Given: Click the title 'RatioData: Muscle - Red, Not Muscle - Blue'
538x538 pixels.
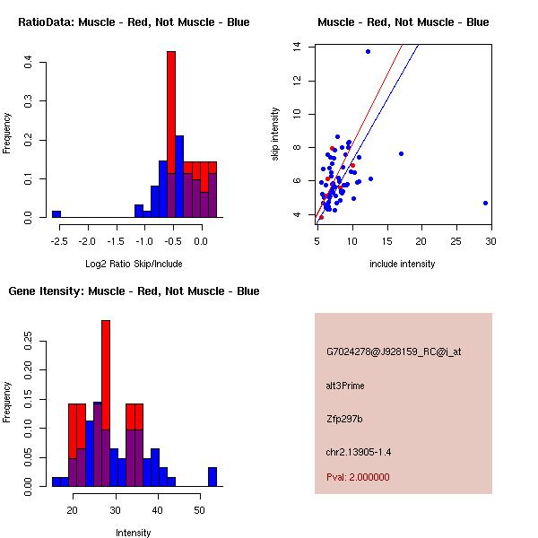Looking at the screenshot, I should pos(134,22).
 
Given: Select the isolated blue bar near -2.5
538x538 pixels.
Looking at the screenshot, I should pos(56,214).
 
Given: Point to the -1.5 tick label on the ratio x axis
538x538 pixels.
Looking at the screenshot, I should pos(116,241).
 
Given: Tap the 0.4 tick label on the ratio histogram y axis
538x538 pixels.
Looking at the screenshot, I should pos(29,63).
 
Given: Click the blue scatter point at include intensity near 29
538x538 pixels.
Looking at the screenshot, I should pos(485,203).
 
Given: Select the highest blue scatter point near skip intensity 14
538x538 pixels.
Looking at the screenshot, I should pos(368,51).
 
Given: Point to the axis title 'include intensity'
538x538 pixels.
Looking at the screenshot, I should pos(403,264).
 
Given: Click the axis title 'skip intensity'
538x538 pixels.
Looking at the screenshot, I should pos(275,134).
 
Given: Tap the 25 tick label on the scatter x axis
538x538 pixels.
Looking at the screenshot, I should pos(456,241).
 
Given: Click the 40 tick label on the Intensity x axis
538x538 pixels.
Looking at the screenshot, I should pos(157,510).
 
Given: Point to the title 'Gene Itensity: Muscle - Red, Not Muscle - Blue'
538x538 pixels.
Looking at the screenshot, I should pos(134,291).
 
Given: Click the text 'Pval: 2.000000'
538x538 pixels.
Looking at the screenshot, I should pos(358,477).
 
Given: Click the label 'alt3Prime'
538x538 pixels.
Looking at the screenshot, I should pos(345,386).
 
